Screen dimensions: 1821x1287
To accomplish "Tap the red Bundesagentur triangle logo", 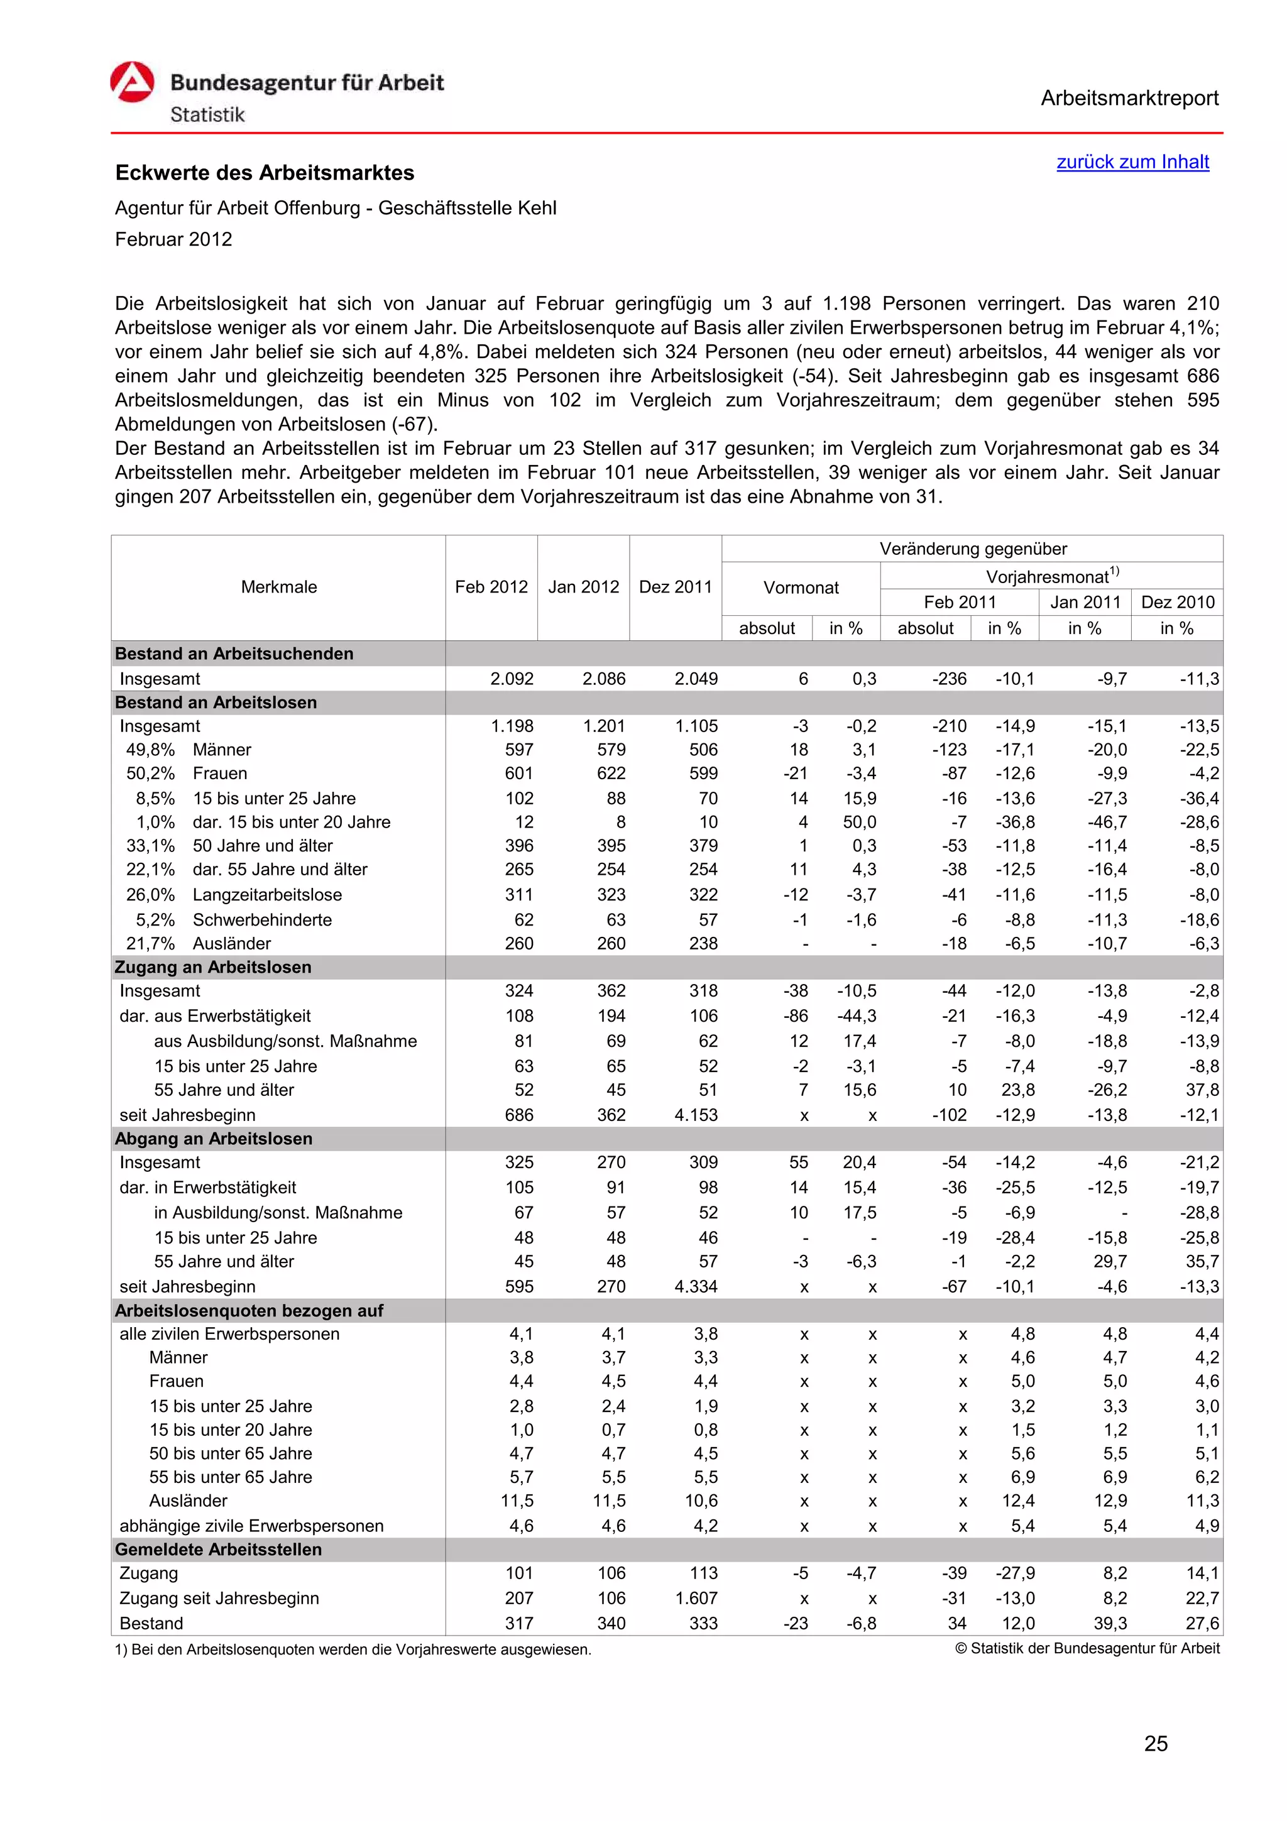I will [x=131, y=82].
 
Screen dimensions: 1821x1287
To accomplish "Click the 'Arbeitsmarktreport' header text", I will [x=1129, y=99].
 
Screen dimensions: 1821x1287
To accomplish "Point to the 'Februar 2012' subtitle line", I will [x=173, y=239].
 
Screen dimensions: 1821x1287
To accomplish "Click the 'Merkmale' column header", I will [x=278, y=587].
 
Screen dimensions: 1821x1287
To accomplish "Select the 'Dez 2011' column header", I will [x=675, y=587].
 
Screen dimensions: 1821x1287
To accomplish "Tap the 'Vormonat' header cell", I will [x=800, y=588].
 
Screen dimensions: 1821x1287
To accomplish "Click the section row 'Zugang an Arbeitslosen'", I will [x=213, y=967].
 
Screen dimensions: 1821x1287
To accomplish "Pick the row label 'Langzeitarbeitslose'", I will [x=267, y=895].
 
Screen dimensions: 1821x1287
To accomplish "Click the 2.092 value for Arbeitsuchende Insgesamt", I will [x=512, y=679].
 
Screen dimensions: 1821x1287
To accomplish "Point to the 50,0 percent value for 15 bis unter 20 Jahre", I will [x=860, y=823].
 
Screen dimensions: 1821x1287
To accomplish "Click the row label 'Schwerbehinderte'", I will [x=263, y=920].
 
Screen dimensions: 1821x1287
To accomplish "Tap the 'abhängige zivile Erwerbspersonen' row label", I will [x=251, y=1526].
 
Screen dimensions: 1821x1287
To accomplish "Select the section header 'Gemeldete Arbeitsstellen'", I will [x=218, y=1549].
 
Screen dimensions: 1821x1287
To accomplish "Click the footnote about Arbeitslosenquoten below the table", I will [x=353, y=1649].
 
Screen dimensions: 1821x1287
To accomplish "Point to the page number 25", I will [x=1156, y=1744].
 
